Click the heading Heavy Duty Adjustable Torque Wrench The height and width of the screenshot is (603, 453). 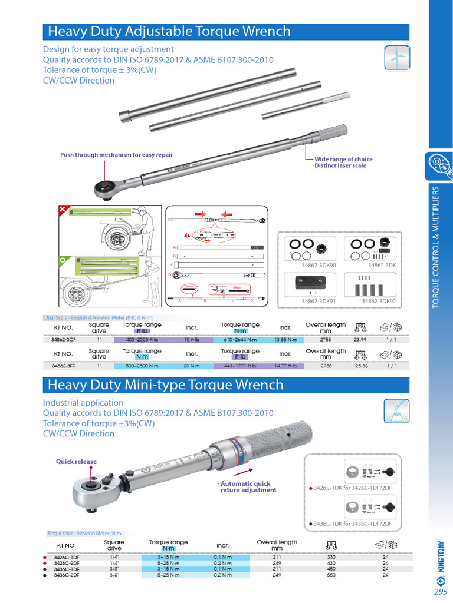click(169, 32)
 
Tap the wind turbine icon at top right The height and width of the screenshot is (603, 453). click(396, 57)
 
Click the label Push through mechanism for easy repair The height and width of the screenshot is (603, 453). click(116, 155)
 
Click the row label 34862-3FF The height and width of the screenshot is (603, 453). click(63, 366)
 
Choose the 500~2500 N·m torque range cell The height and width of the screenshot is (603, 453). click(143, 366)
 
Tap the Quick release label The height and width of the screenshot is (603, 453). click(76, 462)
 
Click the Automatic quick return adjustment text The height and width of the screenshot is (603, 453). click(248, 486)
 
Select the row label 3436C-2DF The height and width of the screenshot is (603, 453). click(67, 575)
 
